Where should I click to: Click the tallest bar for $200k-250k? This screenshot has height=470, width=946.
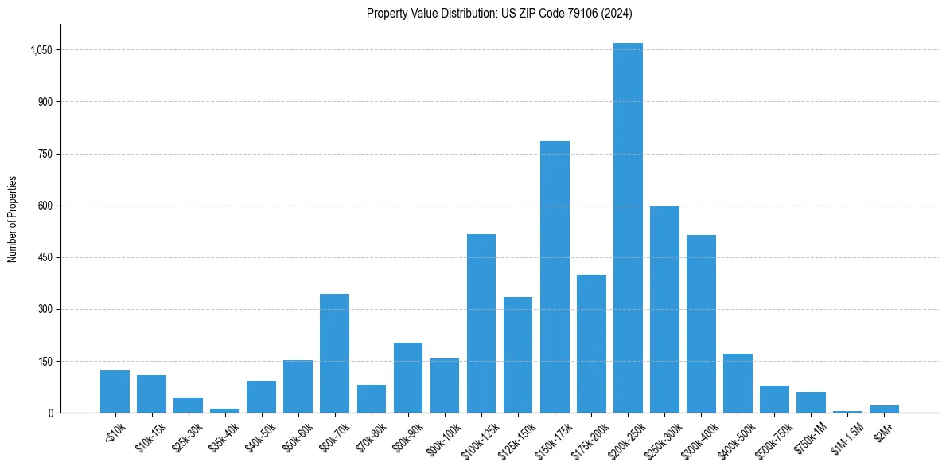point(628,228)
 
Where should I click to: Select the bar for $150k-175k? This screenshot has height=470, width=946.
point(555,277)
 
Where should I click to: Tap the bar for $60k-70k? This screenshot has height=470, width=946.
point(334,354)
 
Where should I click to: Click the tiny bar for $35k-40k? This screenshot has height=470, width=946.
point(224,410)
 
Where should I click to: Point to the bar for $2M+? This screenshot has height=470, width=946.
point(884,409)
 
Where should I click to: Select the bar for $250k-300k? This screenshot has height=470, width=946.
point(664,309)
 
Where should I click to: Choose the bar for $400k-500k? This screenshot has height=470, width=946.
point(738,383)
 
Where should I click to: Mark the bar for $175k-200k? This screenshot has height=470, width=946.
point(591,344)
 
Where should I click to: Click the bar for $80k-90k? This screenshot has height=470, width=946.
point(408,378)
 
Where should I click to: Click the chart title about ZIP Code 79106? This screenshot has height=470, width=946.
point(500,13)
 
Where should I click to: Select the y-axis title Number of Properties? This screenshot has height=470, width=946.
point(13,219)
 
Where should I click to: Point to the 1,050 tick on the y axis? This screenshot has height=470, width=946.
point(41,50)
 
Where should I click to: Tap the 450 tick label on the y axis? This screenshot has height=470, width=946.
point(45,257)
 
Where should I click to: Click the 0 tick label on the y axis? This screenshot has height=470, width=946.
point(49,413)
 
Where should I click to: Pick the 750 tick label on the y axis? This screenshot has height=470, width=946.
point(45,154)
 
